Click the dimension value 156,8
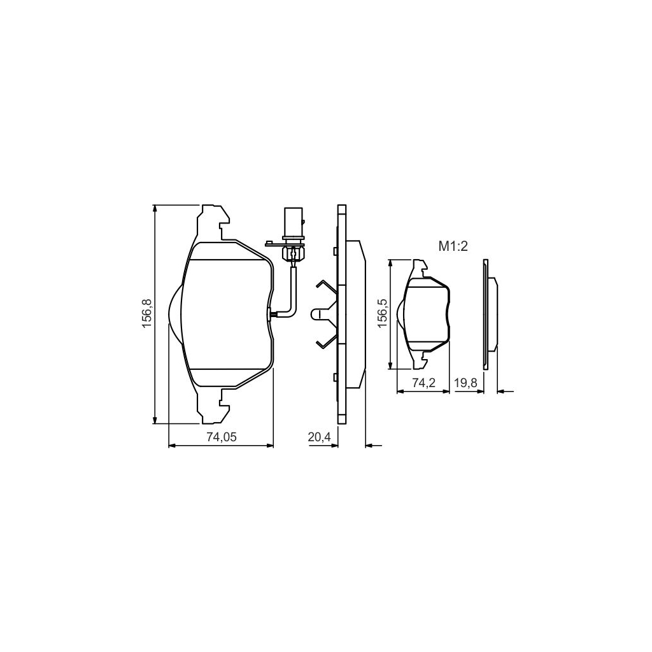coord(146,314)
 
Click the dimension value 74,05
coord(220,437)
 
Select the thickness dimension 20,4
coord(318,437)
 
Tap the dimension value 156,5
coord(382,314)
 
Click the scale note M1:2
coord(453,246)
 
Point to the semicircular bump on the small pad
coord(400,314)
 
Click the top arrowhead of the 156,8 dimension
coord(155,209)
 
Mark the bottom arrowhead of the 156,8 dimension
coord(155,418)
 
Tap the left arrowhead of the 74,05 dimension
coord(172,446)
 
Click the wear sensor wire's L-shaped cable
coord(292,293)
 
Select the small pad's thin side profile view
coord(490,314)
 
